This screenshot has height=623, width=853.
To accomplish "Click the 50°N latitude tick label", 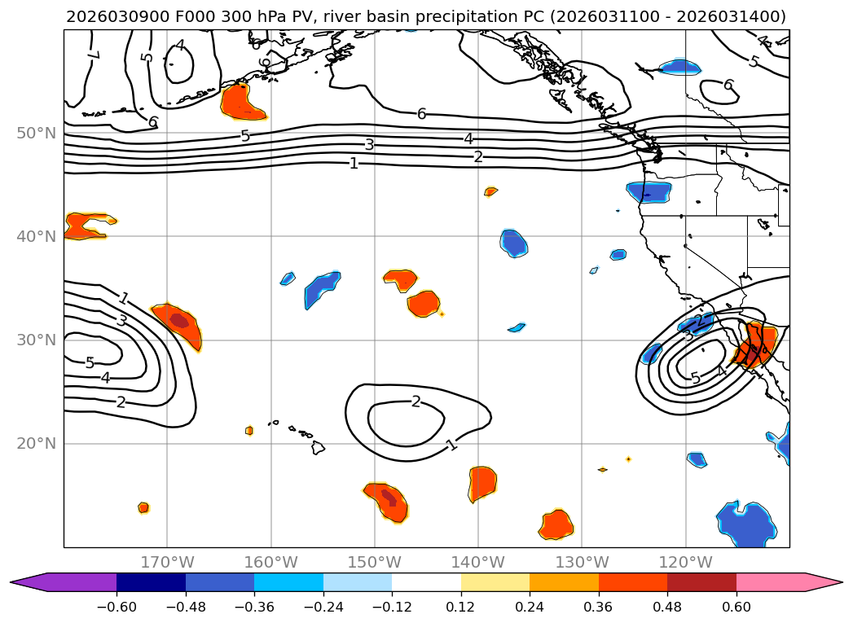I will click(36, 133).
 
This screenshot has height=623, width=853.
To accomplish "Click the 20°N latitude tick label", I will click(36, 444).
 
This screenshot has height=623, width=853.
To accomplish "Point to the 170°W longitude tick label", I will click(167, 562).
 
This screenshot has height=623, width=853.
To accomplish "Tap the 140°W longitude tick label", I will click(477, 562).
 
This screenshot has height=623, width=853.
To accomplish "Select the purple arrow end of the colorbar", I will click(29, 582).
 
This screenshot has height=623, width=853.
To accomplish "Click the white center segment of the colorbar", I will click(426, 582).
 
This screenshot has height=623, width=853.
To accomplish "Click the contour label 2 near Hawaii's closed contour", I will click(416, 401).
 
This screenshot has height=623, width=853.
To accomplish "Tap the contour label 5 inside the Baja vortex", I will click(695, 378).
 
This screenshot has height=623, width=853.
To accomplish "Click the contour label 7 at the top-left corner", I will click(92, 55).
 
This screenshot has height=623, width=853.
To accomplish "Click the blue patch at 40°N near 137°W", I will click(513, 243).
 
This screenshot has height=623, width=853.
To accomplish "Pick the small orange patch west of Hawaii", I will click(249, 430).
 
